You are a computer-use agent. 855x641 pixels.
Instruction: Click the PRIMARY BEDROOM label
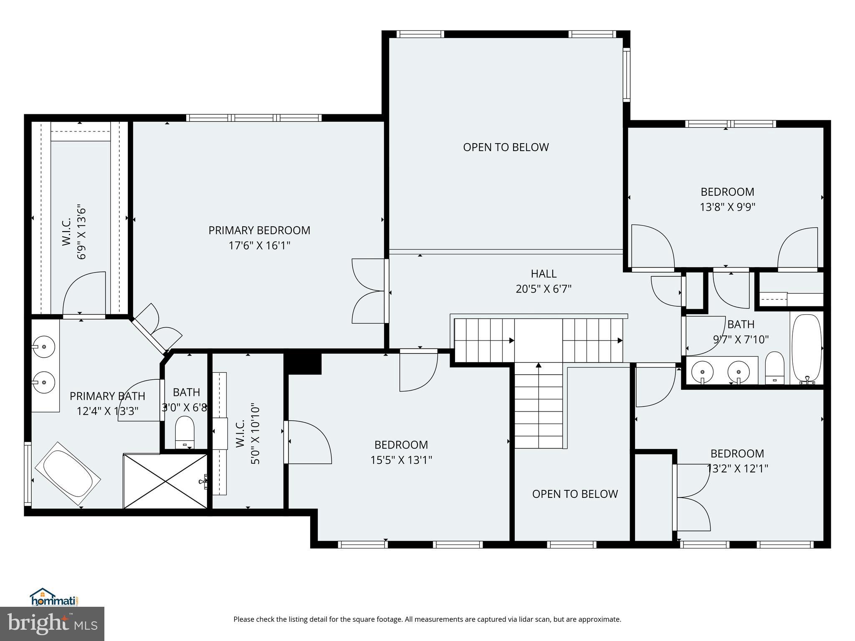(259, 230)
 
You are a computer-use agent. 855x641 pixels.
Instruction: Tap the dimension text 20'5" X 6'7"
(543, 289)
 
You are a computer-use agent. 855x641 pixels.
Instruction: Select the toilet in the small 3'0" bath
(185, 431)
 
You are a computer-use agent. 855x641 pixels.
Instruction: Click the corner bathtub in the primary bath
(68, 475)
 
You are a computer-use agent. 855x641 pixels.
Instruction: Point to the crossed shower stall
(166, 482)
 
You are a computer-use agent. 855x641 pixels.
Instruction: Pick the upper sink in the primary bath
(44, 346)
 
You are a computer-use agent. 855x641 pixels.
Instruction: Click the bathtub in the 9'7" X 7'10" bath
(807, 349)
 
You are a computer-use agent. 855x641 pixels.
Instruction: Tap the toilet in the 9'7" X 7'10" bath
(775, 367)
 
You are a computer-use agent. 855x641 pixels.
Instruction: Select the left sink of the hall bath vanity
(702, 371)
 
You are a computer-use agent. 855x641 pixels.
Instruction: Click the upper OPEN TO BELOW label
(506, 147)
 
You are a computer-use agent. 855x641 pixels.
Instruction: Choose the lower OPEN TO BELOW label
(574, 494)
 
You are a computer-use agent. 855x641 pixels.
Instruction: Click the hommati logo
(54, 598)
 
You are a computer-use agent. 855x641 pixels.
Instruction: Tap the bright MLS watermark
(52, 623)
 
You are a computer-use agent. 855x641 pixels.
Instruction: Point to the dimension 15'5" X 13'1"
(401, 460)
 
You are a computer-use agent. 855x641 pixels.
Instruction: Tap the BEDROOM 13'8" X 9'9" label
(727, 199)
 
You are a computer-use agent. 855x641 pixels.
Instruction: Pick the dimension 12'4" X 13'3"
(107, 411)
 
